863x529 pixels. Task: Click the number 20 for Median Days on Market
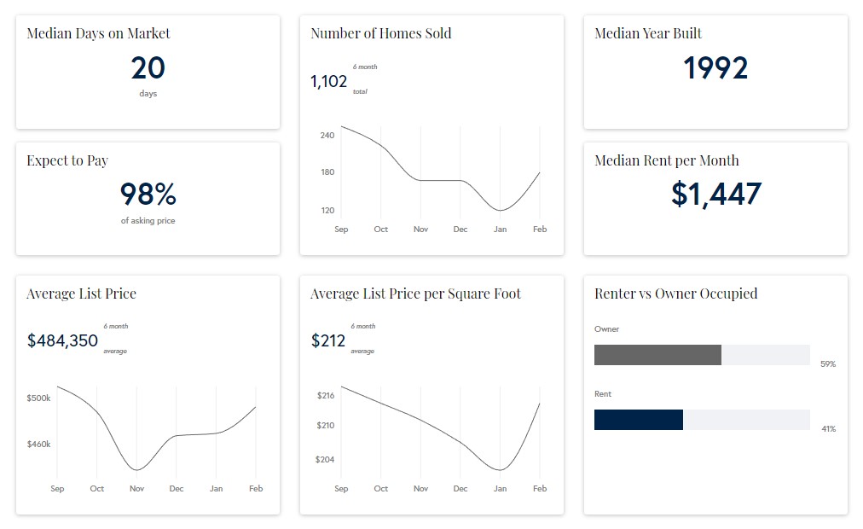(148, 68)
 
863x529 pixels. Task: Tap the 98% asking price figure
(148, 195)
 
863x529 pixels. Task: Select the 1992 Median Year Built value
(715, 68)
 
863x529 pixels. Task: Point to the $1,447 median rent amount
(715, 195)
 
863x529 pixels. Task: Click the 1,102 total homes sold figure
(329, 82)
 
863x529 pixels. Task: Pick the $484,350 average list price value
(62, 341)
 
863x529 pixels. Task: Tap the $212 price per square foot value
(328, 341)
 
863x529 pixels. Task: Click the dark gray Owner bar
(657, 355)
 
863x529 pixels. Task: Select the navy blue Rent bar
(638, 420)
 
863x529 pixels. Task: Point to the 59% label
(827, 364)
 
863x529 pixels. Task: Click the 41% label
(827, 429)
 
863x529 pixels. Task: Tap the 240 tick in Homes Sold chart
(327, 136)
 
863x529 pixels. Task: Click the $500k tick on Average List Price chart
(39, 398)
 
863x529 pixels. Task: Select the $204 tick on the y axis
(326, 460)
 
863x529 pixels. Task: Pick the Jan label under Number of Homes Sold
(500, 230)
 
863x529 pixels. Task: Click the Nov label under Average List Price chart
(136, 489)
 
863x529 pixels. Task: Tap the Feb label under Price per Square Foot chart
(540, 489)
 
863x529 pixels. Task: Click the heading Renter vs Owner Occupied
(675, 294)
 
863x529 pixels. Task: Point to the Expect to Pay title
(67, 160)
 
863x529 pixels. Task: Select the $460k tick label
(39, 445)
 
